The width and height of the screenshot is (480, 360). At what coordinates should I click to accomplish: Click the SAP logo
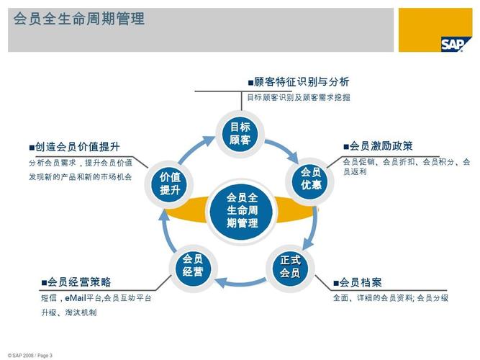456,43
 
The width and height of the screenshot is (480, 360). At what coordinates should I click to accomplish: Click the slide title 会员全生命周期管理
79,19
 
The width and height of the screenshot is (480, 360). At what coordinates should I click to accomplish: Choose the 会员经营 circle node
192,266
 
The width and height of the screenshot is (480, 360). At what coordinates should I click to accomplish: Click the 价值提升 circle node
170,184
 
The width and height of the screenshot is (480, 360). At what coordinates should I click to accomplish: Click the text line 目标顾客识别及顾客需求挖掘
298,97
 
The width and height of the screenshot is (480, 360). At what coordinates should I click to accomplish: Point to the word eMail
75,297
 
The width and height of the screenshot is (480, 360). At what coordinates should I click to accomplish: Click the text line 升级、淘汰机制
68,312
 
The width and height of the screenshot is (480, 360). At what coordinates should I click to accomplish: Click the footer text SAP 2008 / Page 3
30,355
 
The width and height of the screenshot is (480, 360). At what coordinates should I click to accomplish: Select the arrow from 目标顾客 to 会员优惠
284,150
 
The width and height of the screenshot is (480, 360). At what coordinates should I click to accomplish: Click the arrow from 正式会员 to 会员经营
241,283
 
